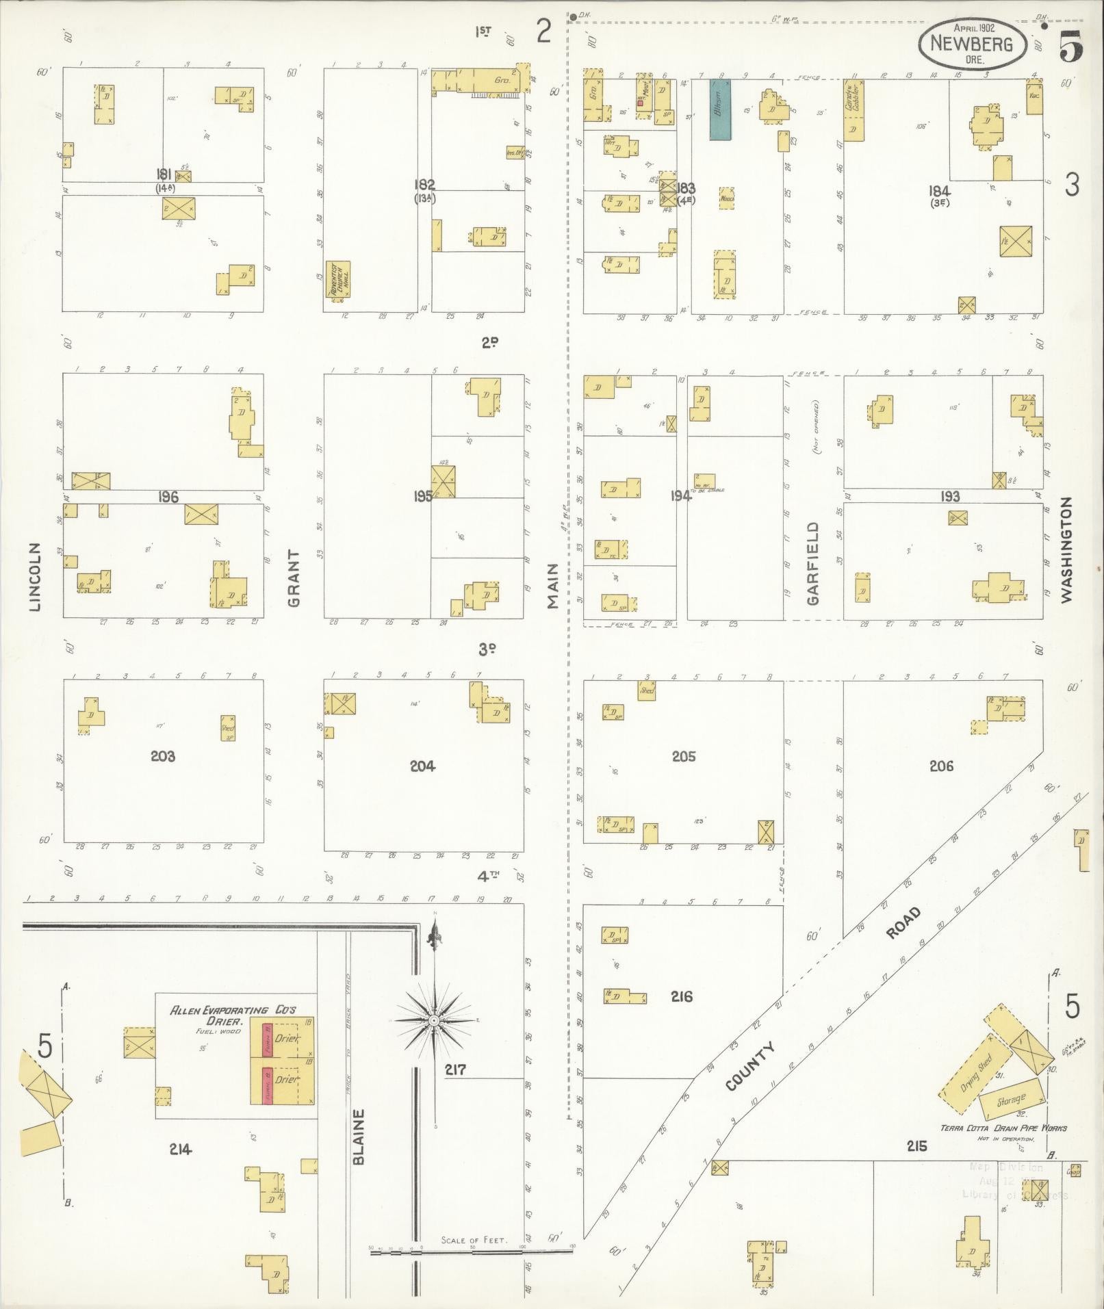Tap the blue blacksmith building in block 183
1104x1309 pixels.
[719, 109]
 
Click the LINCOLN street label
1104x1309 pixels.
[35, 576]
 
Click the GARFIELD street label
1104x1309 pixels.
[812, 563]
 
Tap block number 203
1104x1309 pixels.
[163, 756]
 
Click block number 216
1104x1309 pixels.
[682, 996]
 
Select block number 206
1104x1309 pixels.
[941, 766]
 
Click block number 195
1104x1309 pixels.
[423, 496]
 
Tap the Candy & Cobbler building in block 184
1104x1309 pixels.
[853, 109]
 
